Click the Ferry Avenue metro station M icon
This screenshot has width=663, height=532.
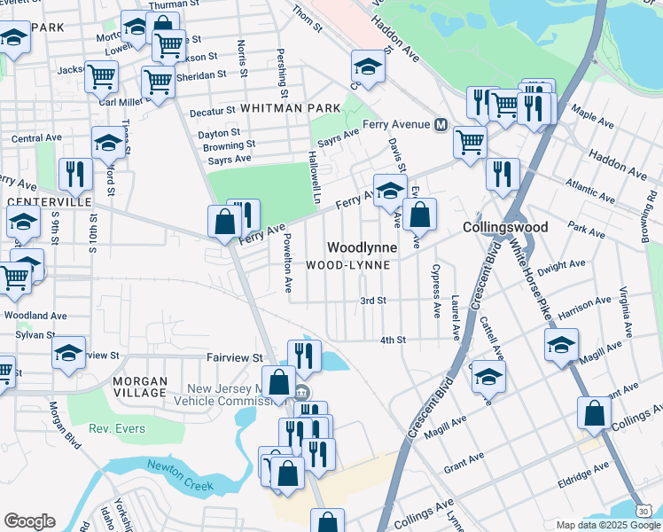coord(441,125)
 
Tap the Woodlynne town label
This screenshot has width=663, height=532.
coord(361,247)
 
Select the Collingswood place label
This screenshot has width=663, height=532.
coord(505,227)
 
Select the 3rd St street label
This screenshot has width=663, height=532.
coord(373,301)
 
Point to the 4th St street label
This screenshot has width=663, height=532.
coord(392,340)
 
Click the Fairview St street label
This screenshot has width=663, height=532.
coord(235,357)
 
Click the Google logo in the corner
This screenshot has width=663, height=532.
coord(29,521)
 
